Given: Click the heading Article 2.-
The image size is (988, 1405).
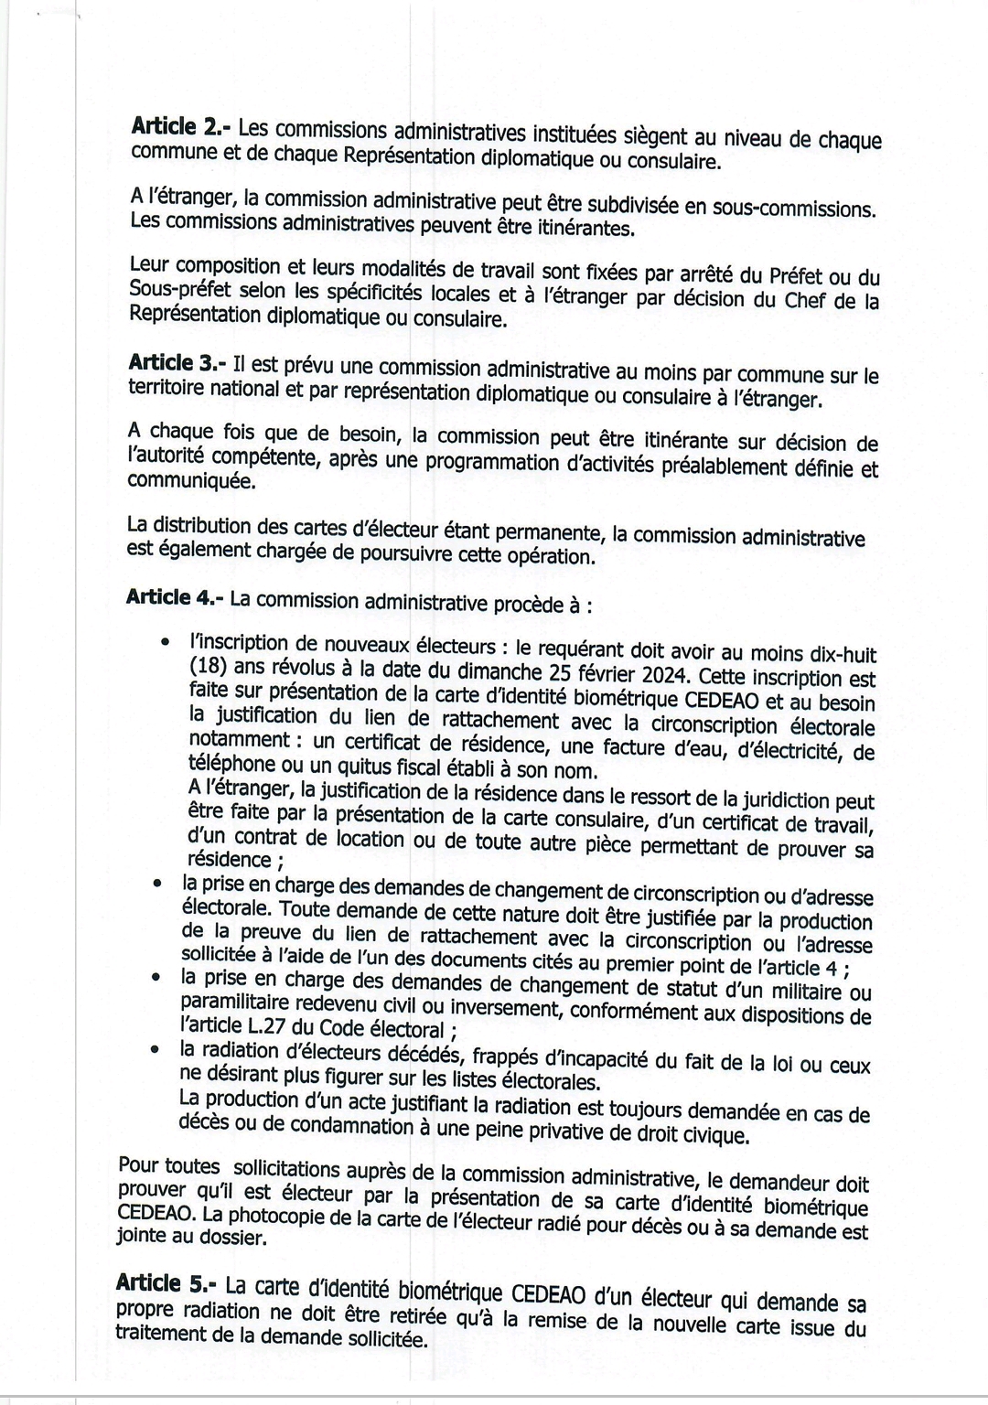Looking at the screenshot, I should click(181, 127).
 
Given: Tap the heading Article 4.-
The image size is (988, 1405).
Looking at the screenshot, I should click(175, 597).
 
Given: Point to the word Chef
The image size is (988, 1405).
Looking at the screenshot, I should click(807, 301).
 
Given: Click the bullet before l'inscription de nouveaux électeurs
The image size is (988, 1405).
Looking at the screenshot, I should click(165, 643).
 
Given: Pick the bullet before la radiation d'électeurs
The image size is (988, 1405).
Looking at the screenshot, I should click(158, 1051).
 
